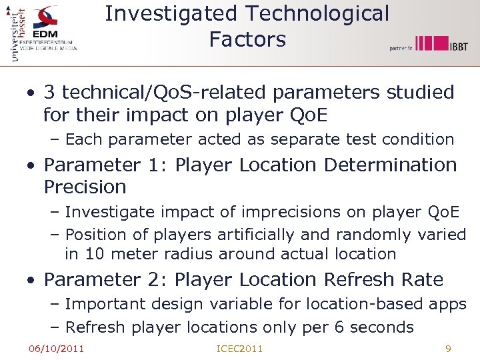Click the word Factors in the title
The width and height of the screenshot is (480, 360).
tap(247, 39)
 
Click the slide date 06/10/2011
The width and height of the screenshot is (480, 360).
tap(56, 348)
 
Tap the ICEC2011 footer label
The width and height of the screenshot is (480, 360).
tap(240, 348)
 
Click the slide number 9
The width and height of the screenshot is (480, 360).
tap(448, 348)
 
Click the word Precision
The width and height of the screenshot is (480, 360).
tap(85, 187)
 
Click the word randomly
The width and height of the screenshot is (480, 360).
tap(373, 235)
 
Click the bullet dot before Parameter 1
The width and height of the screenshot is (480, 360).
tap(31, 165)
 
